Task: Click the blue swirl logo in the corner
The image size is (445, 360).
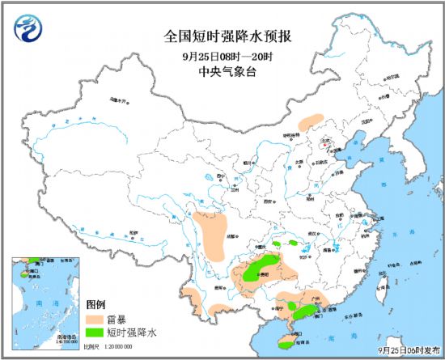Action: tap(26, 26)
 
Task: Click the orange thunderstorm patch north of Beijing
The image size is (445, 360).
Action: tap(309, 121)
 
